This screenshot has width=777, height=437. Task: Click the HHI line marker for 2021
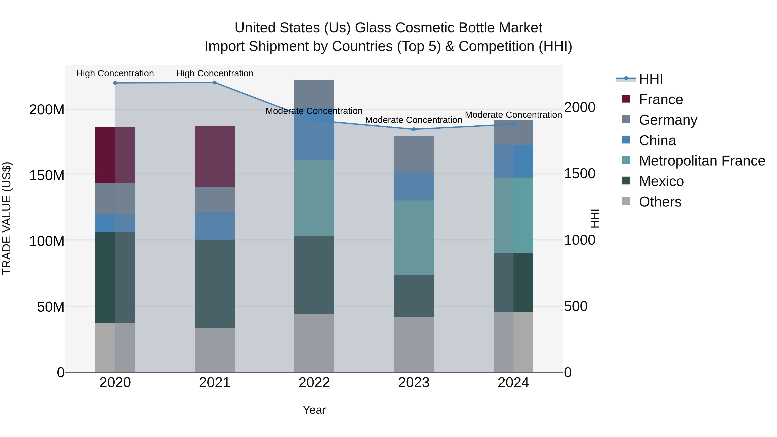click(x=215, y=83)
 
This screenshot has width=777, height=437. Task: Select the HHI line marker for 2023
click(x=414, y=129)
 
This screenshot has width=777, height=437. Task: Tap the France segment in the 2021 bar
click(x=215, y=156)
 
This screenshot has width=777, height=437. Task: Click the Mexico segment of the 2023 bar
click(x=414, y=296)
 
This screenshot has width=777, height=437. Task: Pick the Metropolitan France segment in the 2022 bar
click(x=314, y=198)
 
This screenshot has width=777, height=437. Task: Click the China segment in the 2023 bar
click(x=414, y=187)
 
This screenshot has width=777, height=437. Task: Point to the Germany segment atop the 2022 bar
click(x=314, y=93)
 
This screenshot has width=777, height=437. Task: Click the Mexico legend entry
click(x=661, y=181)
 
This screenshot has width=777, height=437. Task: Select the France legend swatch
click(x=626, y=99)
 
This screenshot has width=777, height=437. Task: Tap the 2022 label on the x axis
click(x=314, y=383)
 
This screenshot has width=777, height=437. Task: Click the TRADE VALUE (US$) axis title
click(x=7, y=218)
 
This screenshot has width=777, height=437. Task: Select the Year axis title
click(x=314, y=410)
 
